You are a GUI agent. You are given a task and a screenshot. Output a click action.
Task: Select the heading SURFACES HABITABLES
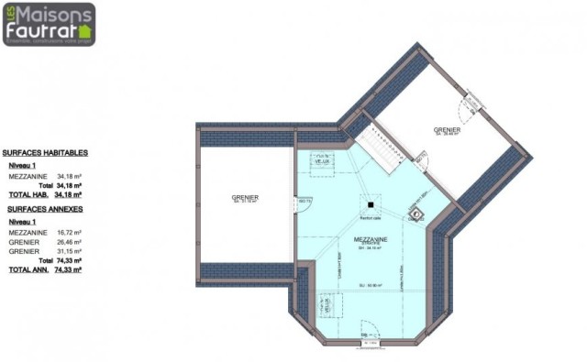point(45,153)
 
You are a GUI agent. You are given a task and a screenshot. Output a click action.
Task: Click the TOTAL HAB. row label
point(28,195)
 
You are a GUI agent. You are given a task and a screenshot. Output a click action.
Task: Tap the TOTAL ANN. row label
point(28,271)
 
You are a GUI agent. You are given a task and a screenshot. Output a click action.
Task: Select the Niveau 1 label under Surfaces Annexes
point(23,222)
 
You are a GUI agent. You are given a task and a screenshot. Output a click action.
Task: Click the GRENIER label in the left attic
point(245,197)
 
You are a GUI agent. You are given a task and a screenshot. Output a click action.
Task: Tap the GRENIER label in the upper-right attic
point(448,130)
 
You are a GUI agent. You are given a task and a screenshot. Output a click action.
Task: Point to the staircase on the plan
point(378,147)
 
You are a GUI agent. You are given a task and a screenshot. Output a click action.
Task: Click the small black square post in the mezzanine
point(371,205)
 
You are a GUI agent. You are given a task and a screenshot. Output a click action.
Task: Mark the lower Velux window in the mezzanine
point(324,303)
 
